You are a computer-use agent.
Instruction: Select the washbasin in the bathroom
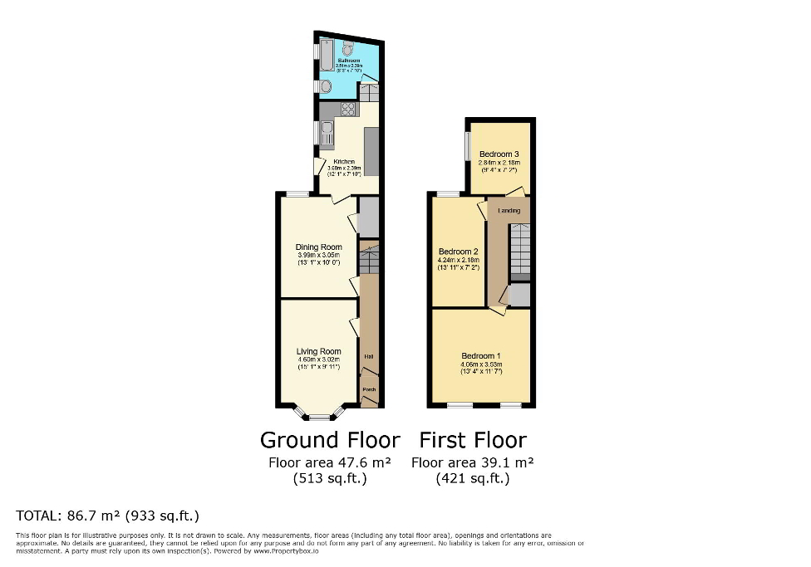click(x=326, y=86)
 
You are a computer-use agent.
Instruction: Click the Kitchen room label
click(x=344, y=162)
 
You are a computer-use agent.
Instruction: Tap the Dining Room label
click(x=319, y=247)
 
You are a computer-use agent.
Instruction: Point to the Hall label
click(x=368, y=357)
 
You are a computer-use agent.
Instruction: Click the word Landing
click(x=509, y=211)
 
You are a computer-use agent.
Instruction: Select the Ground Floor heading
click(x=330, y=439)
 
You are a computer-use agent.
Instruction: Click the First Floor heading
click(x=473, y=439)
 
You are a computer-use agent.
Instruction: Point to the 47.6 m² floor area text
click(x=330, y=462)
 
